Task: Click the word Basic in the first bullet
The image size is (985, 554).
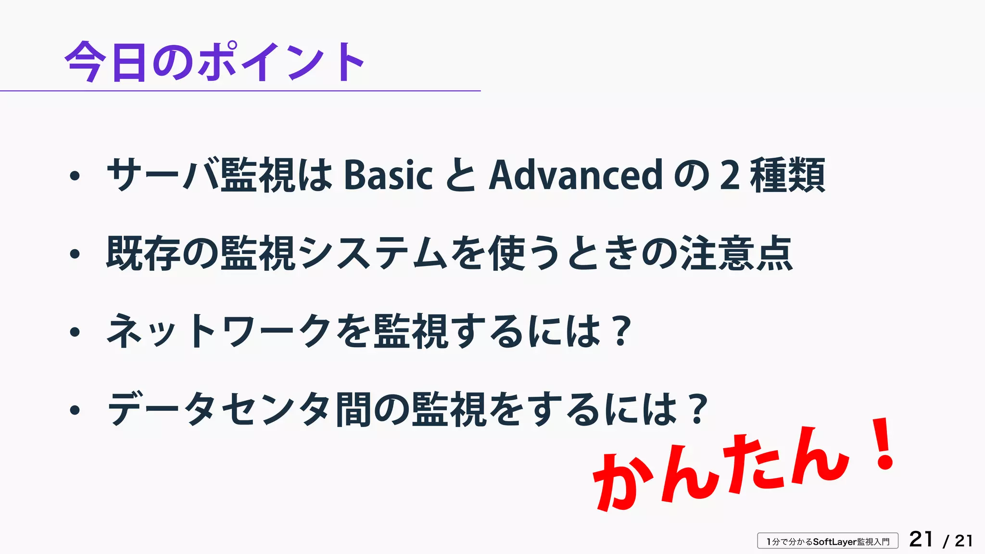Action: [x=388, y=175]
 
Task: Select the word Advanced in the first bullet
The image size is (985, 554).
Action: [x=576, y=175]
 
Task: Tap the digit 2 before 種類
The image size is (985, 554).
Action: [x=730, y=175]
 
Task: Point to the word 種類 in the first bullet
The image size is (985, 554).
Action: [x=787, y=175]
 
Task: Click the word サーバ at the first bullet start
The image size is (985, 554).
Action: [x=163, y=175]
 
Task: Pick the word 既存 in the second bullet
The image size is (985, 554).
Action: [x=143, y=253]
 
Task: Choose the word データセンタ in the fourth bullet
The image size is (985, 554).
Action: [x=219, y=409]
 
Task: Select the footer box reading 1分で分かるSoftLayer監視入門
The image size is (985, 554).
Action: [x=828, y=541]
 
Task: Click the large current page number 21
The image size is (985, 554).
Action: [x=921, y=540]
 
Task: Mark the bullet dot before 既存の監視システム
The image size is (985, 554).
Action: [x=75, y=254]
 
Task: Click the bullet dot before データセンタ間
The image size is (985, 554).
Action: [x=75, y=410]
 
